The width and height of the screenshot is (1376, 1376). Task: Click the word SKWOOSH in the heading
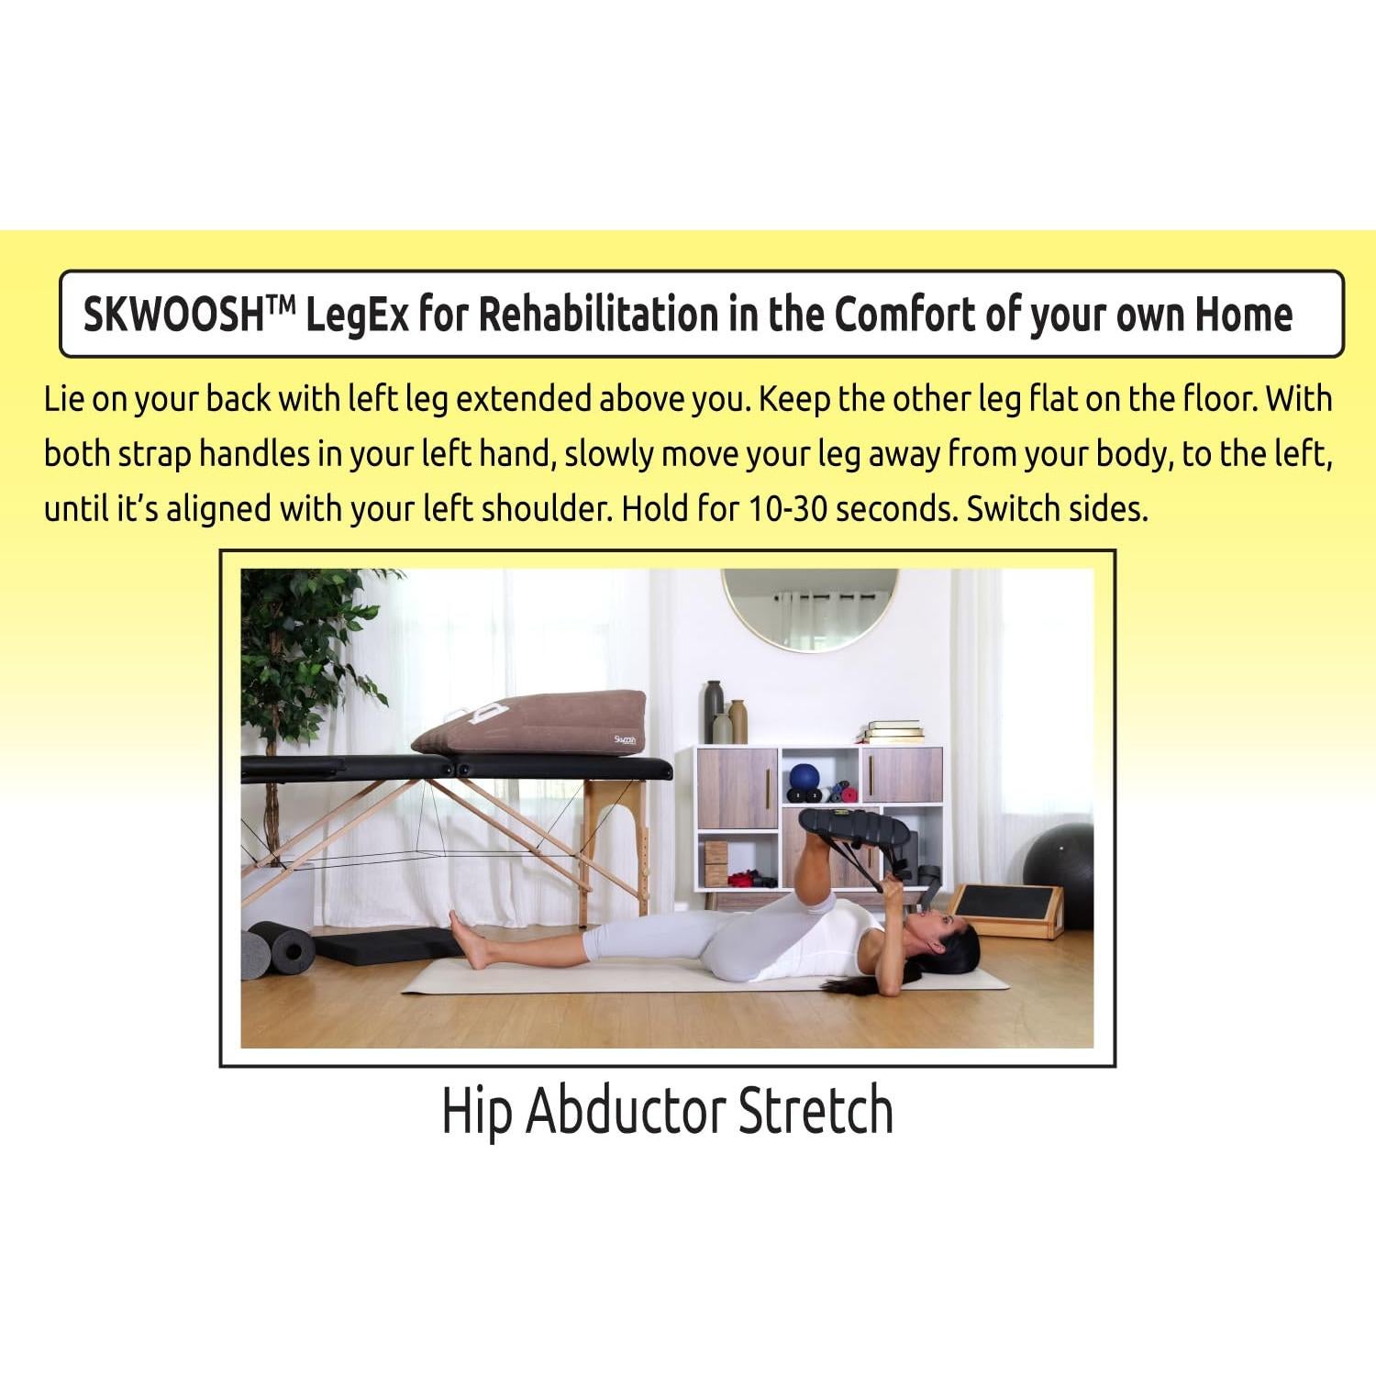click(173, 316)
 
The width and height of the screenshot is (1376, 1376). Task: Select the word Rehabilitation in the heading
click(598, 316)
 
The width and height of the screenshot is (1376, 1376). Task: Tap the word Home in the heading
click(1243, 316)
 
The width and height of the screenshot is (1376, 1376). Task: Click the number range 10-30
click(788, 508)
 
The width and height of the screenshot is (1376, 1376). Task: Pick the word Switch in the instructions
click(1003, 508)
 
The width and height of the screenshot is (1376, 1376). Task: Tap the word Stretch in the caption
click(816, 1111)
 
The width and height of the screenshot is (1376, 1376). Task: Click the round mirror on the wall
click(809, 607)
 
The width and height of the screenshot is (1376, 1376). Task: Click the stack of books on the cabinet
click(892, 732)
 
